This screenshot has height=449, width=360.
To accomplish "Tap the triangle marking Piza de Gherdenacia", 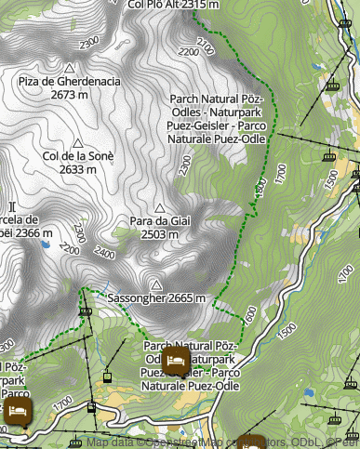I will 69,68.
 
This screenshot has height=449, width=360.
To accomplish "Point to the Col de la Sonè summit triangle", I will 78,144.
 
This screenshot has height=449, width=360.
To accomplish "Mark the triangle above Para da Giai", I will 159,208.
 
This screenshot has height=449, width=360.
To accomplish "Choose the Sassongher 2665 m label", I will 156,298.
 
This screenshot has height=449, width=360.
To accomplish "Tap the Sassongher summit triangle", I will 156,284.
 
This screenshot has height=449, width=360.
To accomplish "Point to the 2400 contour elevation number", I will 104,253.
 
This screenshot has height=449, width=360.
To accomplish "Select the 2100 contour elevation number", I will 207,44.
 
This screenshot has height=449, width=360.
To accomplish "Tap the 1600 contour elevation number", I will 249,315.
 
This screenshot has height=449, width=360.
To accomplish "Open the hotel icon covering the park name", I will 176,359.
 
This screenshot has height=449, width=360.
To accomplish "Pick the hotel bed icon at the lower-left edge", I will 18,409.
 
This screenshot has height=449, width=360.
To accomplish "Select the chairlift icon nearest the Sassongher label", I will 85,310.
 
